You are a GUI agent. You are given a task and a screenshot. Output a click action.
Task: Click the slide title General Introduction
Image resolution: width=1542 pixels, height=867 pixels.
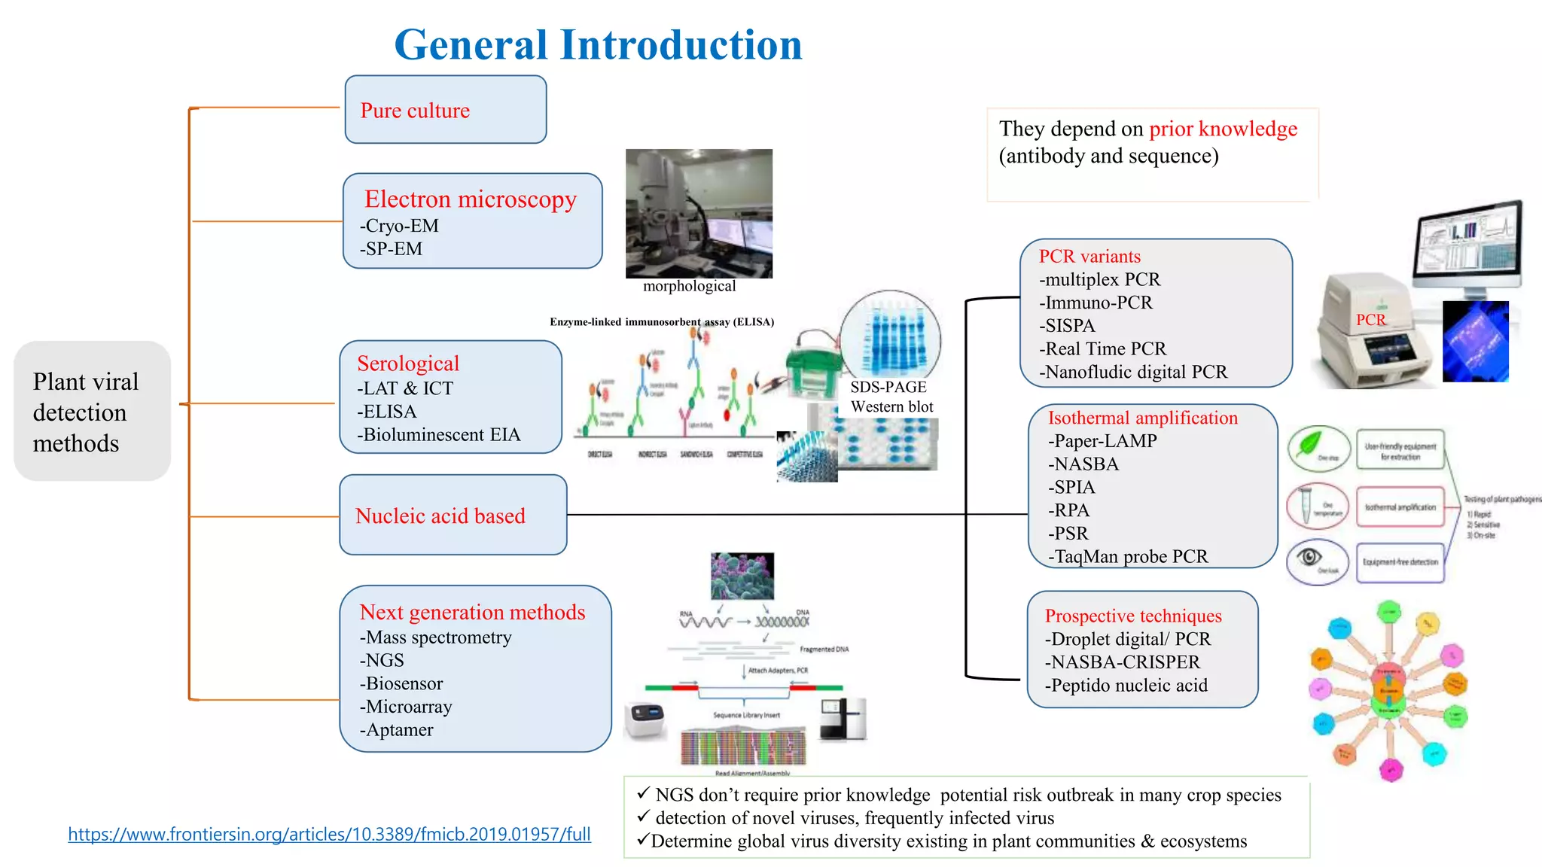[598, 45]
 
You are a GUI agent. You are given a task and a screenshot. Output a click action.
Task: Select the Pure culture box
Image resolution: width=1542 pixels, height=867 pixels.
[445, 110]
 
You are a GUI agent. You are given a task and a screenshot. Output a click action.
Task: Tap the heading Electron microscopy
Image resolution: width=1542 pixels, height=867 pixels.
[471, 199]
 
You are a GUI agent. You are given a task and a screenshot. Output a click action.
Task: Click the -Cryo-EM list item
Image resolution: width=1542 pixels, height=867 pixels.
[399, 226]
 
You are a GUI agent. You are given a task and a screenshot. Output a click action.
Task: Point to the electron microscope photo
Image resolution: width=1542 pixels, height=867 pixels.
[699, 214]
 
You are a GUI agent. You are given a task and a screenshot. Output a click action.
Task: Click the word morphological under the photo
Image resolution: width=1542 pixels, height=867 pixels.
[689, 286]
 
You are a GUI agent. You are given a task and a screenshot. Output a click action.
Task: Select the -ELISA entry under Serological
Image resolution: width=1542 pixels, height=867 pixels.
[387, 412]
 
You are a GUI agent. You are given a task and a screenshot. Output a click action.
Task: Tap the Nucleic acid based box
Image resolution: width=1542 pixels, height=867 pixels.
[453, 516]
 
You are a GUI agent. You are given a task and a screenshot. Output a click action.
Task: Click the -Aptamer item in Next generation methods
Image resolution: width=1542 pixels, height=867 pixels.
[397, 730]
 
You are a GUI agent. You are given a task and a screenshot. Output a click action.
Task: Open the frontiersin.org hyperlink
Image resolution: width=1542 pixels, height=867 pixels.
[329, 834]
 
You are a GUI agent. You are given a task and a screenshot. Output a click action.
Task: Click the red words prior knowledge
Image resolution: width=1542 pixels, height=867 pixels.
[1223, 129]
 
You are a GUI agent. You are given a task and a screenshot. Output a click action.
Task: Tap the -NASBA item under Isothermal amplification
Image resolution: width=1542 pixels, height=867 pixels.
[1083, 464]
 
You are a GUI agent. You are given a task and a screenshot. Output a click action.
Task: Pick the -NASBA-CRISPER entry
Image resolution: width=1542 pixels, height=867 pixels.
[1123, 662]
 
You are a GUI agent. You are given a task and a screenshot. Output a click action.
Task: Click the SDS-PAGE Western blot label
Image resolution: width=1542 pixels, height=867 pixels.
[891, 397]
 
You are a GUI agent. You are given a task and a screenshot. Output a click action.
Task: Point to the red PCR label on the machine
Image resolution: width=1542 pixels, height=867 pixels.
[1370, 320]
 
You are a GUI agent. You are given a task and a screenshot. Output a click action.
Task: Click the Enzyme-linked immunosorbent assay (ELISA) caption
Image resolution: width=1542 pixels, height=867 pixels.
[662, 322]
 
